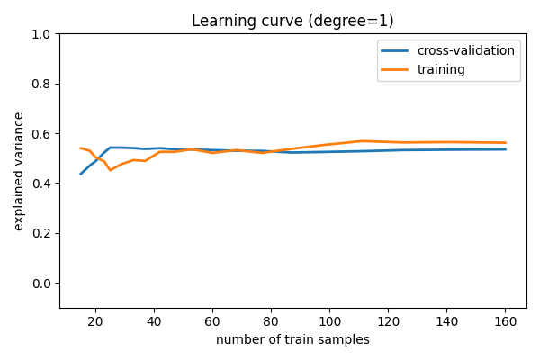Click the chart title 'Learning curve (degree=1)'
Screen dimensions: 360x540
[292, 21]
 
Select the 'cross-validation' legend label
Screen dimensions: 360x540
[465, 50]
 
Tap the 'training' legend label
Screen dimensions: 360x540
[441, 68]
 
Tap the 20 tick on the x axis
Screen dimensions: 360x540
[95, 321]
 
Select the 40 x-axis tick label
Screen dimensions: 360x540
[154, 321]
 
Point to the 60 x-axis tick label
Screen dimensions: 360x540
[212, 321]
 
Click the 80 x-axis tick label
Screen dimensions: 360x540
[271, 321]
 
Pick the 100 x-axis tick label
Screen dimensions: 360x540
[329, 321]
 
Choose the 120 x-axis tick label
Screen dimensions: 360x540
[388, 321]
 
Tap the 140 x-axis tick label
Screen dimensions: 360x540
[446, 321]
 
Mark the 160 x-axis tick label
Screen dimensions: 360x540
[505, 321]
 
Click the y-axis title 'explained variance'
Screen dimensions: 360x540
[19, 171]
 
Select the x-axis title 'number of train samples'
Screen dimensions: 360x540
[292, 339]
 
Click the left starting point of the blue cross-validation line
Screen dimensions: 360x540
[81, 174]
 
